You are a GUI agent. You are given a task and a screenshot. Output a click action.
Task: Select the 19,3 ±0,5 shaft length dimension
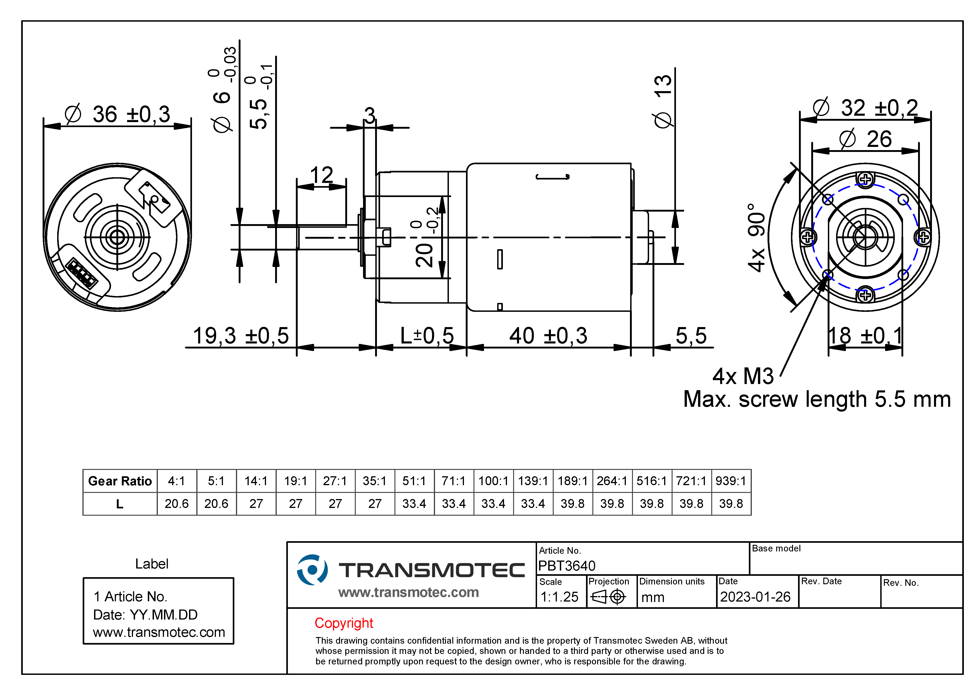[x=241, y=336]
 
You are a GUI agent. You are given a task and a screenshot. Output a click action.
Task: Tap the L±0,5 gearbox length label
[x=427, y=336]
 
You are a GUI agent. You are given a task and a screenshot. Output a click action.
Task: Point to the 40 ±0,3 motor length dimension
[x=548, y=336]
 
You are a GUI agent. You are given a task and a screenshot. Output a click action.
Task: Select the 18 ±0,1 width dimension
[x=865, y=336]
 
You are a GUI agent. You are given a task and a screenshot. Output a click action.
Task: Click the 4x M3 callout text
[x=743, y=376]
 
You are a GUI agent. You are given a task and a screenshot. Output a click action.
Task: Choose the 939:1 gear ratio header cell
[x=731, y=481]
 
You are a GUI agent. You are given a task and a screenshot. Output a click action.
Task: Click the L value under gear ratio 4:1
[x=177, y=504]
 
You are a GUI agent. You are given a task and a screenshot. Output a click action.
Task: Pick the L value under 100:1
[x=494, y=504]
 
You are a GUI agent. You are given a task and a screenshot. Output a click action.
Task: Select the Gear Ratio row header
[x=120, y=481]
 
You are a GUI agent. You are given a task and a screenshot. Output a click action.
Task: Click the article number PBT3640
[x=567, y=566]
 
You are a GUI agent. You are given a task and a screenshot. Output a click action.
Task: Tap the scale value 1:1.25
[x=559, y=597]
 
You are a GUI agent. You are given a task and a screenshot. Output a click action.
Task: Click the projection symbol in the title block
[x=609, y=597]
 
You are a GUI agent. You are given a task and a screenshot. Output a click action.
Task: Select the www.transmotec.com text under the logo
[x=409, y=592]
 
